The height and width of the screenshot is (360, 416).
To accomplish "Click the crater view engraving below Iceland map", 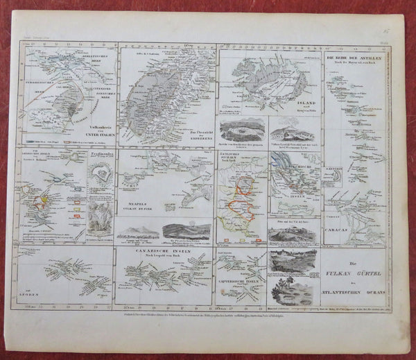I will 241,129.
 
